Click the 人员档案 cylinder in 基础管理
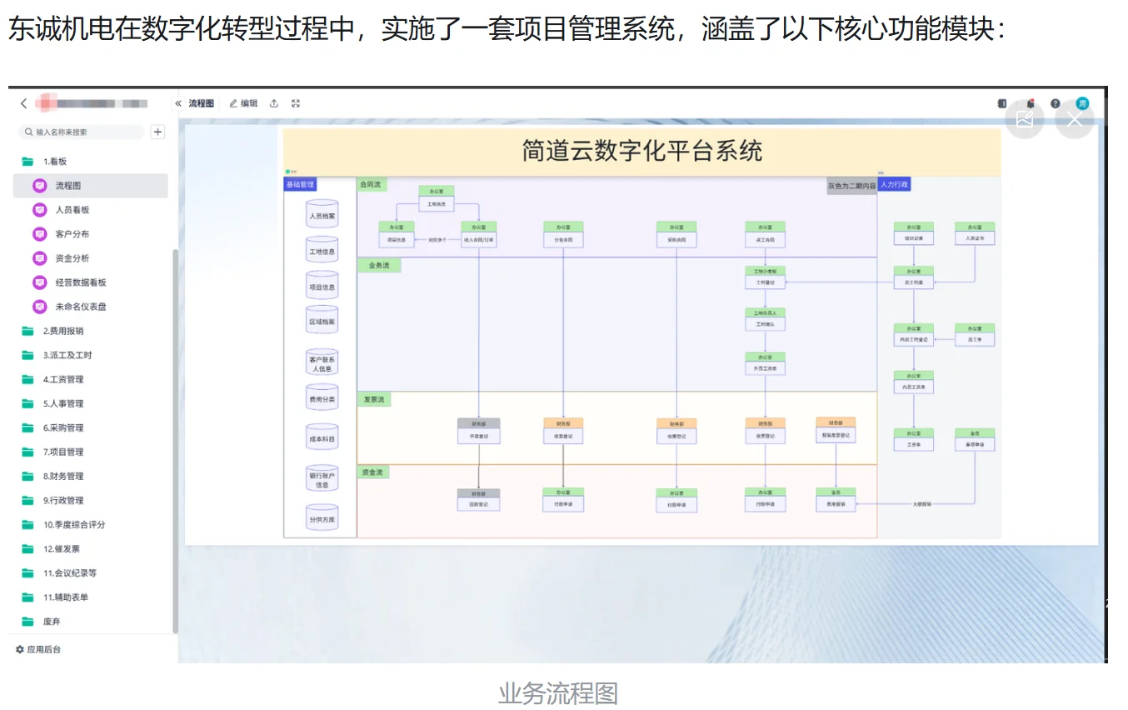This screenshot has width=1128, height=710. pos(322,216)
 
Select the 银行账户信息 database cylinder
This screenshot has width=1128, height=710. pos(322,479)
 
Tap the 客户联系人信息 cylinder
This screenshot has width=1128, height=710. pos(322,363)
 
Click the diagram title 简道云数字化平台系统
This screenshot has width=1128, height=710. pos(641,152)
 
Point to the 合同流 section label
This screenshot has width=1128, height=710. pos(370,184)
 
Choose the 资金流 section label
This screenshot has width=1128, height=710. pos(374,472)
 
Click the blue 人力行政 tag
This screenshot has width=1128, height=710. pos(894,184)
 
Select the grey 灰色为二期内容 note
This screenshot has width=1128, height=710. pos(851,186)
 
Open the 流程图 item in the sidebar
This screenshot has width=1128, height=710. pos(68,186)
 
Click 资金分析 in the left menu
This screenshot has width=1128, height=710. pos(72,258)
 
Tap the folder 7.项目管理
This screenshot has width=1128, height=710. pos(63,452)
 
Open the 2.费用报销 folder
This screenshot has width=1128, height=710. pos(63,331)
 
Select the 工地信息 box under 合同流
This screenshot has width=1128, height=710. pos(436,204)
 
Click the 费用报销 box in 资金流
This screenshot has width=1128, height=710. pos(836,504)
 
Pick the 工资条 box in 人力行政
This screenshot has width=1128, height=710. pos(913,445)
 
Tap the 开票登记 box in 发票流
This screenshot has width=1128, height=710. pos(479,436)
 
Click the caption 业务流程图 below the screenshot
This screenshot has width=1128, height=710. pos(558,693)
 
